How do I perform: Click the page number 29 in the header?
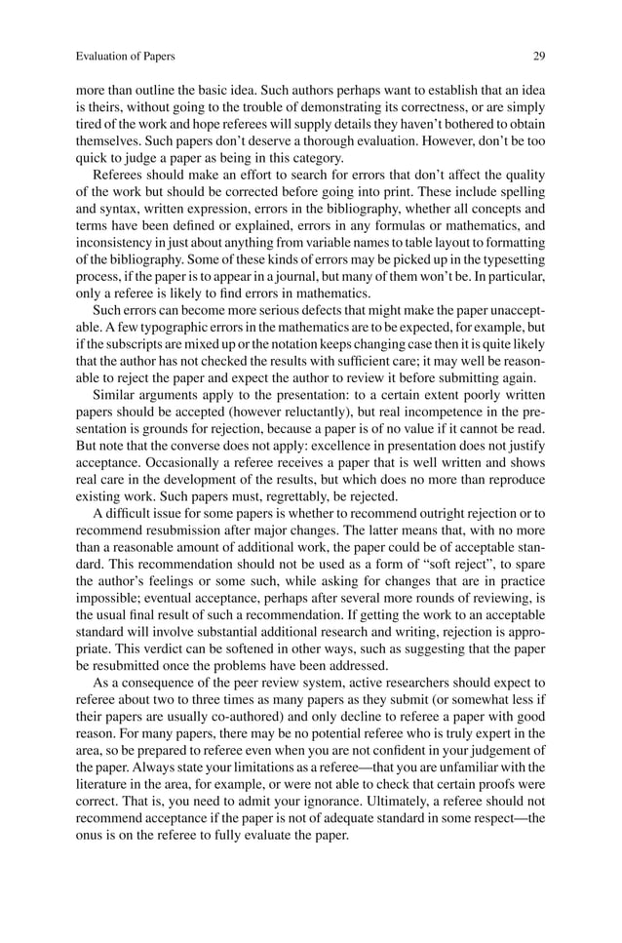tap(539, 57)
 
